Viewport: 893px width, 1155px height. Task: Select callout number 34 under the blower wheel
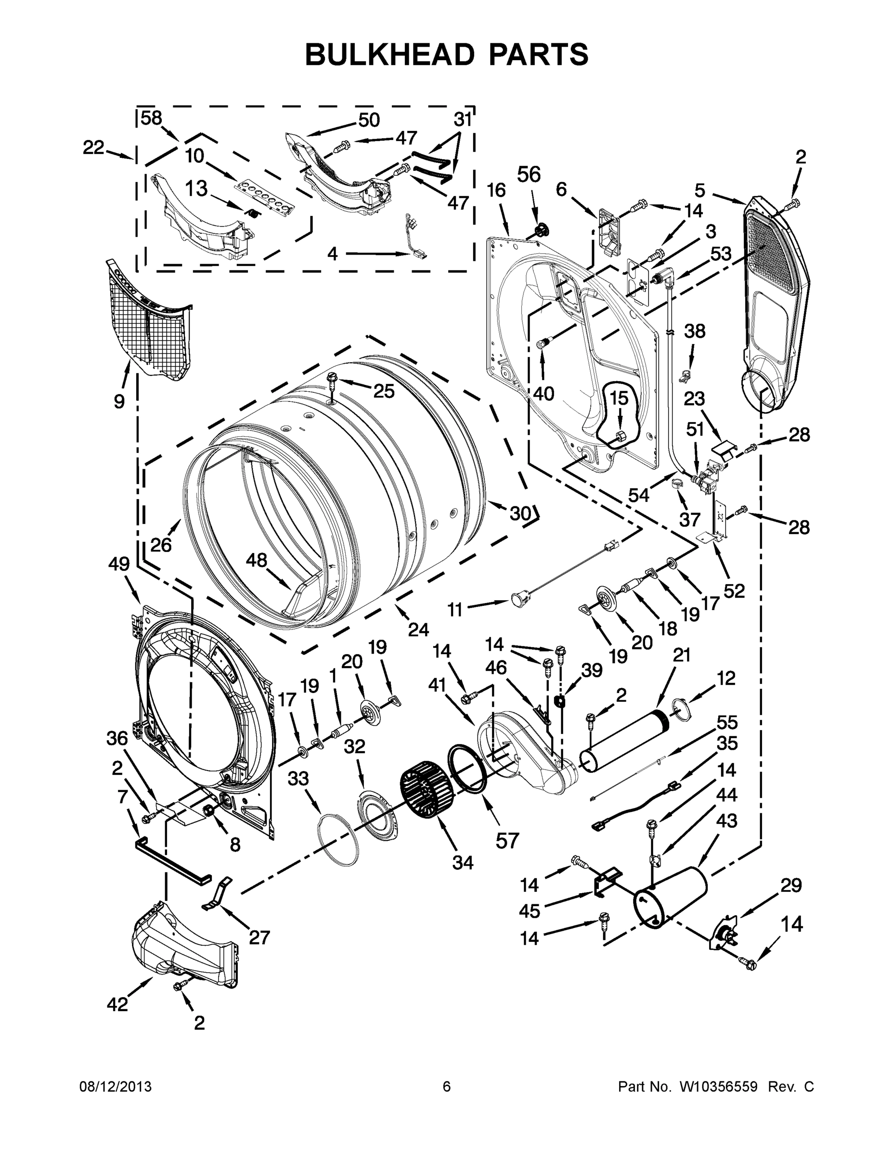coord(463,862)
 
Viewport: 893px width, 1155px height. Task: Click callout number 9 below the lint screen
coord(119,402)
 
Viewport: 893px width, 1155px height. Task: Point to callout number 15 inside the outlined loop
coord(619,398)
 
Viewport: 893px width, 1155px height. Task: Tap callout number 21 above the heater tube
coord(682,655)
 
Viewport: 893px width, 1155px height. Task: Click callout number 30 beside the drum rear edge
coord(520,513)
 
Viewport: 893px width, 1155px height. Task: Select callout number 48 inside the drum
coord(257,561)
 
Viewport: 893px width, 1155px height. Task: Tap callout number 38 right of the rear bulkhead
coord(695,332)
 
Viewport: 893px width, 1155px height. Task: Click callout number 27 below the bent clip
coord(259,952)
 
